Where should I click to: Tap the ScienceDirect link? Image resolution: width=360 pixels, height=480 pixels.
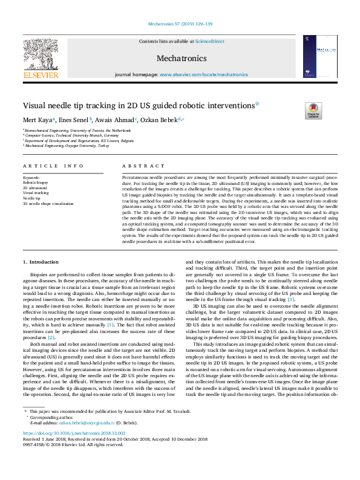pos(208,41)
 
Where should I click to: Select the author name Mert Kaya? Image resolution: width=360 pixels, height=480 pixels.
pos(38,120)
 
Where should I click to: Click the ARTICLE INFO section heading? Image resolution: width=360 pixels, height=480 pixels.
pos(53,166)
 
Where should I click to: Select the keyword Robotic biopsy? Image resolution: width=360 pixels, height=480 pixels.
pos(35,181)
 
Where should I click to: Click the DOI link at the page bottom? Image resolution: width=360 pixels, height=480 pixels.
pos(73,450)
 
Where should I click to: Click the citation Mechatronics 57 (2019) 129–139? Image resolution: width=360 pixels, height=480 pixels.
pos(180,25)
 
